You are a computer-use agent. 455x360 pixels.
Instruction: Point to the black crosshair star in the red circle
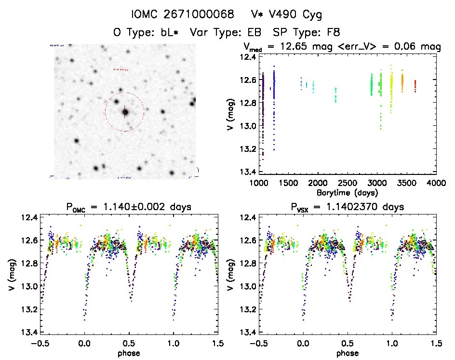(125, 112)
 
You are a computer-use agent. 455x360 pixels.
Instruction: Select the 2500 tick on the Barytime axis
(347, 183)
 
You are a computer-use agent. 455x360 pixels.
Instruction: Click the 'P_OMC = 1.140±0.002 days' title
(128, 207)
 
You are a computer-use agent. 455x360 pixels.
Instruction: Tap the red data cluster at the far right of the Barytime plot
(415, 86)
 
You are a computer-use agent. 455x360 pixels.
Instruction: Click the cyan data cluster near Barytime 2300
(335, 94)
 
